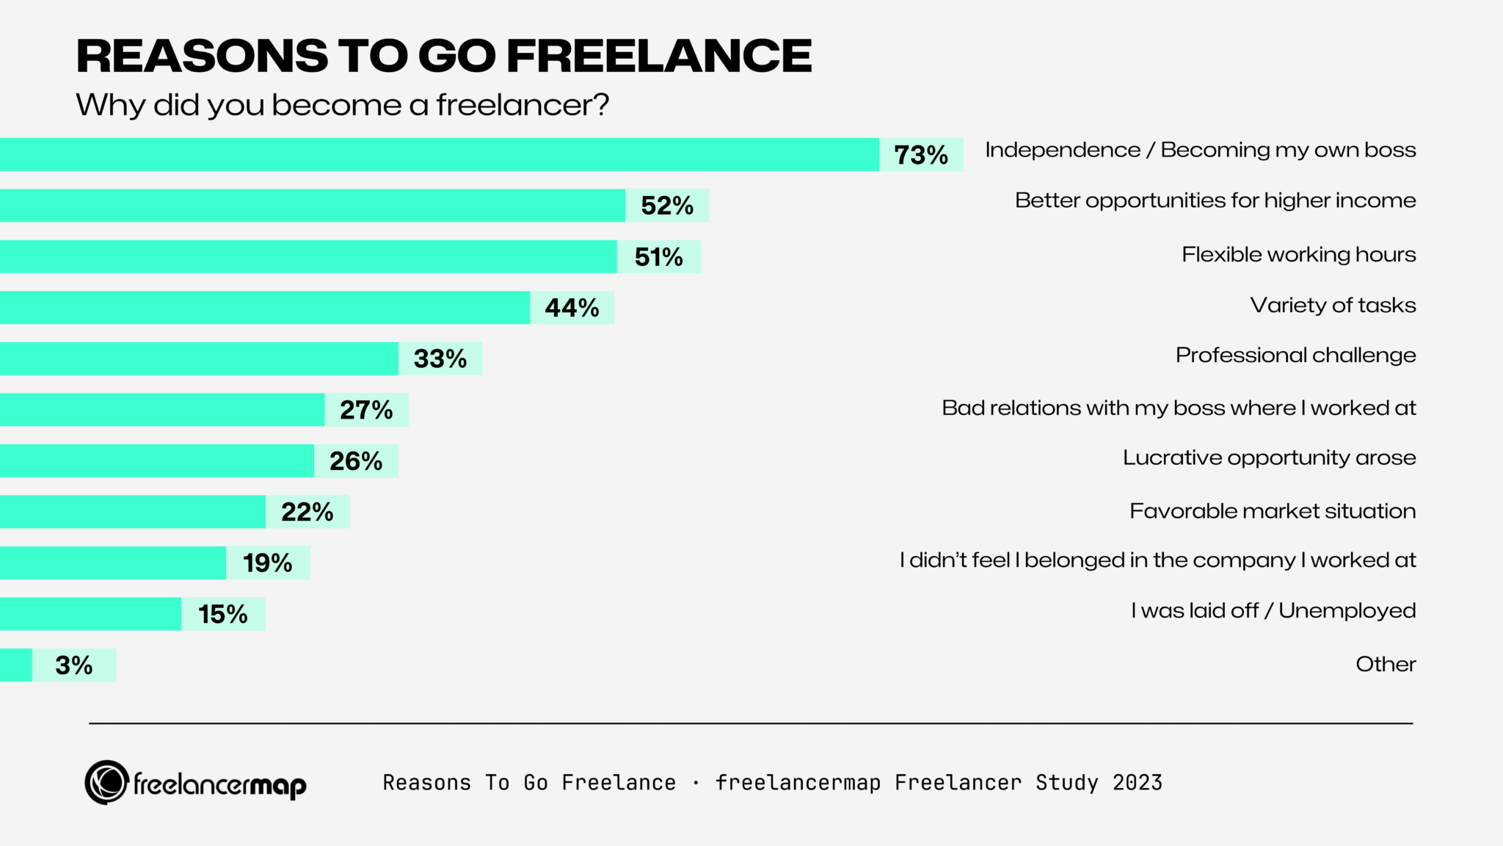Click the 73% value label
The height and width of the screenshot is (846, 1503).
[x=920, y=155]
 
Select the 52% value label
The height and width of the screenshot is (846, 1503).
[x=666, y=206]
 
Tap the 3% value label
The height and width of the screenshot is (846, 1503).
[x=73, y=665]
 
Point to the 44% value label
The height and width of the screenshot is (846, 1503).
[x=572, y=308]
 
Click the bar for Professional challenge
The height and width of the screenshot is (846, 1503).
[x=198, y=358]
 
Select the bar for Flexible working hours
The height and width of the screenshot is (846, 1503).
[x=308, y=256]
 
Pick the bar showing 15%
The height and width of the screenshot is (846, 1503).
[x=90, y=614]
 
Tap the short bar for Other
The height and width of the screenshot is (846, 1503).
[x=15, y=665]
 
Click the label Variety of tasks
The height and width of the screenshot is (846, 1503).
[x=1333, y=305]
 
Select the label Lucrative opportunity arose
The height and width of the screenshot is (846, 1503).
[x=1269, y=458]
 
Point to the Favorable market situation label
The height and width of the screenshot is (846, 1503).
[x=1272, y=510]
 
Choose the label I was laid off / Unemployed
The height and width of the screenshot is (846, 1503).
[x=1273, y=610]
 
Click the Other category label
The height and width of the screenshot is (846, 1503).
[x=1385, y=664]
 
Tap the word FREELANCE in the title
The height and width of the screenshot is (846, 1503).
[x=658, y=56]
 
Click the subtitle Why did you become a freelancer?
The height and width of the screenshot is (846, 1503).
[x=343, y=105]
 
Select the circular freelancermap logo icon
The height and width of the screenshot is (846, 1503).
[x=107, y=782]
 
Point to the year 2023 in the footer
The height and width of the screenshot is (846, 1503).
[x=1137, y=783]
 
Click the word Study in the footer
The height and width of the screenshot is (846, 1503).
[x=1066, y=783]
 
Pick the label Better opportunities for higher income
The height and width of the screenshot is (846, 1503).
[x=1215, y=200]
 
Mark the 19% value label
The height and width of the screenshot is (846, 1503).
[x=267, y=563]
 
